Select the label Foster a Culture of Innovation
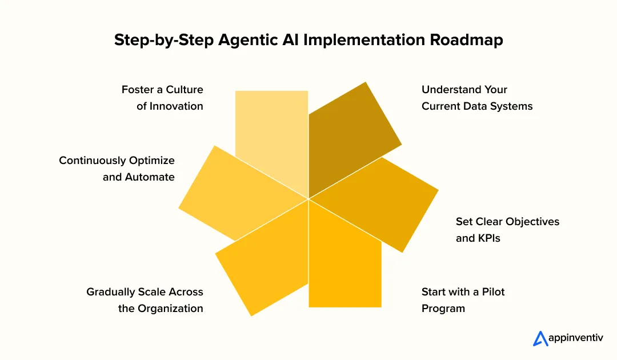coord(162,98)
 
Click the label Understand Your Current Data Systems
coord(477,98)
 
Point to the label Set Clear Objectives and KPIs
coord(507,230)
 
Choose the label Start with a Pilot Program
coord(463,300)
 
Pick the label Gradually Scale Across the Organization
coord(145,300)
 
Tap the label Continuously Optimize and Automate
coord(117,169)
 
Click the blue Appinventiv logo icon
coord(540,339)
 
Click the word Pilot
coord(492,292)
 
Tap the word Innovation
coord(177,106)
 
